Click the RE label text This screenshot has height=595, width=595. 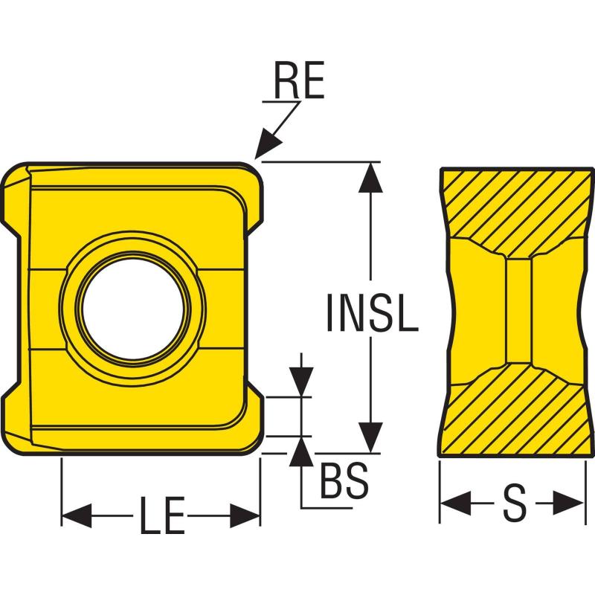pos(299,80)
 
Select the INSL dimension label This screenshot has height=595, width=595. pos(373,312)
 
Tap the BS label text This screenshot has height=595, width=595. pos(344,480)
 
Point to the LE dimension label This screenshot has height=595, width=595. pos(162,515)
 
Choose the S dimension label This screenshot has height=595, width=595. pos(515,504)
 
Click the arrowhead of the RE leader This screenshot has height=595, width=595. pos(268,144)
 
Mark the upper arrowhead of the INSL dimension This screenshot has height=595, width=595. pos(370,178)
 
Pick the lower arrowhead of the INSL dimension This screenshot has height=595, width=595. pos(370,437)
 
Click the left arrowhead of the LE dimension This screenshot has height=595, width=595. pos(77,515)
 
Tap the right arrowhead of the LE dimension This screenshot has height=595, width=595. pos(245,515)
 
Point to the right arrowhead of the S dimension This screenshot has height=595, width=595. pos(568,504)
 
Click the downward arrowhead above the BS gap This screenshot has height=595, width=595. pos(301,382)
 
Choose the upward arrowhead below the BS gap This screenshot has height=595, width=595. pos(301,451)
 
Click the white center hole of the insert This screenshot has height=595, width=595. pos(134,309)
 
